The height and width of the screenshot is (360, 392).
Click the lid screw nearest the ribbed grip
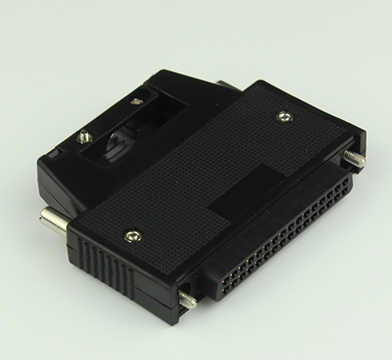click(x=131, y=237)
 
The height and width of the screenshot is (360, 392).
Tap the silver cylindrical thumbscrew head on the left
click(x=51, y=221)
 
